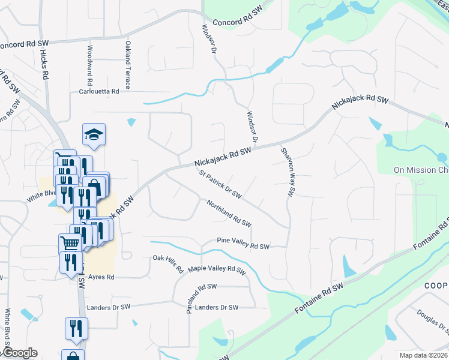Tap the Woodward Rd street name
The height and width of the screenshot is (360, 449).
coord(89,64)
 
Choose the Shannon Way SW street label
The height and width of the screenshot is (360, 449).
coord(287,173)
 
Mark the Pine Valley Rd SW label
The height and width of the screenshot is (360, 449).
coord(243,246)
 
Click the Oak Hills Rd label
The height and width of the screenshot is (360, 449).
coord(168,264)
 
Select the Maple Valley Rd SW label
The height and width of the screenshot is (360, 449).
coord(217,270)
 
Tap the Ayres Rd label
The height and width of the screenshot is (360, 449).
coord(101,277)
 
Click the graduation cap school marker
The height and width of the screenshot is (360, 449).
coord(93,134)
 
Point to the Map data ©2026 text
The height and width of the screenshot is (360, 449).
coord(421,355)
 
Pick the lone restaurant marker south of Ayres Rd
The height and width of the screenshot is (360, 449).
coord(76,328)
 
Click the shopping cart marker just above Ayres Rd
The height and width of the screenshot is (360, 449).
coord(70,244)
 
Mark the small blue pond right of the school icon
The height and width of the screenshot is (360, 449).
coord(131,123)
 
